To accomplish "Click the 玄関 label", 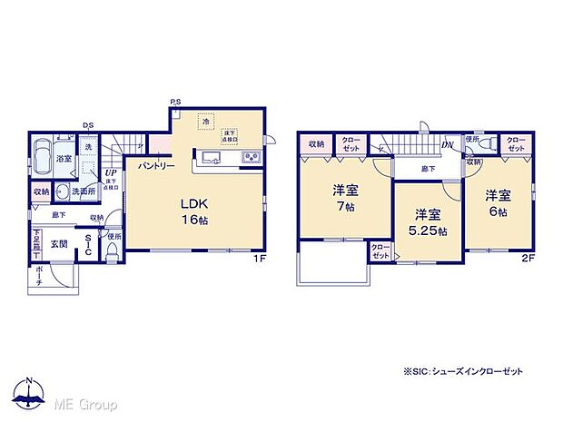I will pyautogui.click(x=59, y=243).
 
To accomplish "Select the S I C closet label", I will pyautogui.click(x=88, y=245).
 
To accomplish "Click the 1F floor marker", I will pyautogui.click(x=258, y=258).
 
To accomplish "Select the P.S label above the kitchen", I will pyautogui.click(x=174, y=102).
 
